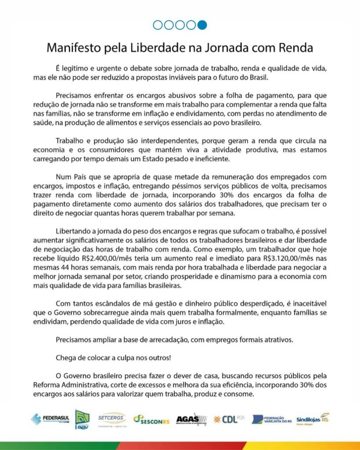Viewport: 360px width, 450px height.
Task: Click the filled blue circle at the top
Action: point(202,25)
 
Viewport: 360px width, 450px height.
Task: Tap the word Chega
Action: point(65,357)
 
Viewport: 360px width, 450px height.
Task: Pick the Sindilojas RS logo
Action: point(313,418)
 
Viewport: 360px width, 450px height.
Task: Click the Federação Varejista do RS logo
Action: point(272,419)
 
